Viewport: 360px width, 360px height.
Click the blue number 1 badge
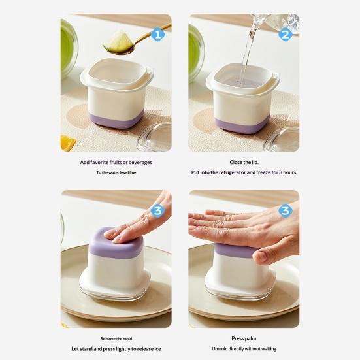[157, 34]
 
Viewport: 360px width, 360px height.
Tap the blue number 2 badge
[285, 34]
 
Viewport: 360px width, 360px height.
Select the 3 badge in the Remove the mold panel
[157, 210]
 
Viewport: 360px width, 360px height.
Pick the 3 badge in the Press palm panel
[285, 210]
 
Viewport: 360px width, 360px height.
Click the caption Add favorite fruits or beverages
[116, 162]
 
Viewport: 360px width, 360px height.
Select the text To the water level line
[116, 173]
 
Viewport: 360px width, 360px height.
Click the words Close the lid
[244, 162]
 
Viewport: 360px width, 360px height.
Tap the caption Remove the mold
[116, 338]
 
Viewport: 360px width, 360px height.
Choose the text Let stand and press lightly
[116, 349]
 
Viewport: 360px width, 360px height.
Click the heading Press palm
[244, 338]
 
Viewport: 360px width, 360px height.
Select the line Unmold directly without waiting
[244, 349]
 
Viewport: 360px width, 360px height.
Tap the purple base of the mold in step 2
[244, 124]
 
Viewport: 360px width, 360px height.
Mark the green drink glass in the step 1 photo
[68, 49]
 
